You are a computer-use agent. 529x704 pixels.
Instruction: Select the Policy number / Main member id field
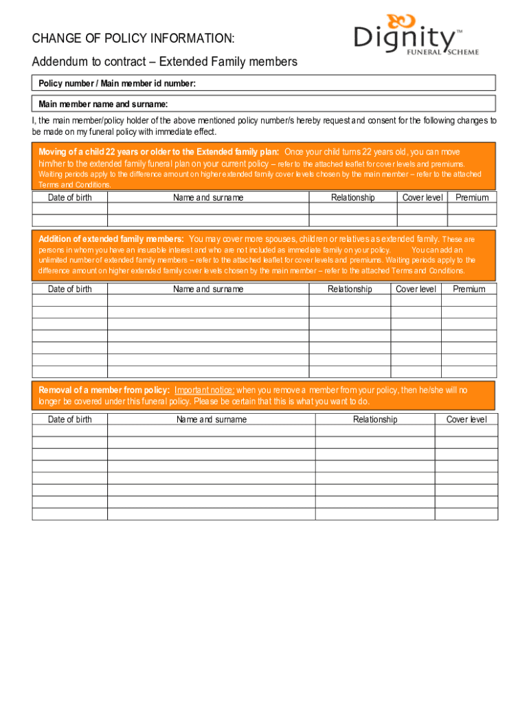[264, 83]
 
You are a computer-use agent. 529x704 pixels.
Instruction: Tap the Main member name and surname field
[264, 104]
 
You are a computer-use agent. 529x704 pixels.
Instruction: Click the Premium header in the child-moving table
[472, 197]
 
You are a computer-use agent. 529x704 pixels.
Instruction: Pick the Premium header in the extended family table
[469, 289]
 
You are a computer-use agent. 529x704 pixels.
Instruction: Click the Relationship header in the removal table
[375, 419]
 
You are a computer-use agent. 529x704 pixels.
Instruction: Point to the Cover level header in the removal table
[466, 419]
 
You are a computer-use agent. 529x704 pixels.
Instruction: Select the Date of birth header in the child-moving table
[69, 197]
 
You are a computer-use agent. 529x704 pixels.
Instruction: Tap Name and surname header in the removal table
[212, 419]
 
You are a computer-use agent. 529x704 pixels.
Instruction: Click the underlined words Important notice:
[205, 390]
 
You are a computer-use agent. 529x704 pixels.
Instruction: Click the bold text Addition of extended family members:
[111, 239]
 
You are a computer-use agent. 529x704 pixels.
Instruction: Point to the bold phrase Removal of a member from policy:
[104, 390]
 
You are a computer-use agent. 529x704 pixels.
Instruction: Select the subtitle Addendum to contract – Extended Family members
[165, 62]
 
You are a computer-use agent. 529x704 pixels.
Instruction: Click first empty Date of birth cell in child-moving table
[69, 209]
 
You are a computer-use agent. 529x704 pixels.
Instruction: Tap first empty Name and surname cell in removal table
[212, 430]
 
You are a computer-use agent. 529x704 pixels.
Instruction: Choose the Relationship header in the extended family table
[350, 289]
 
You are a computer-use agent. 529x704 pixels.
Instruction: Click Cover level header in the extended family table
[416, 289]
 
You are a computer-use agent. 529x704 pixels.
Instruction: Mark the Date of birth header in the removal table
[69, 419]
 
